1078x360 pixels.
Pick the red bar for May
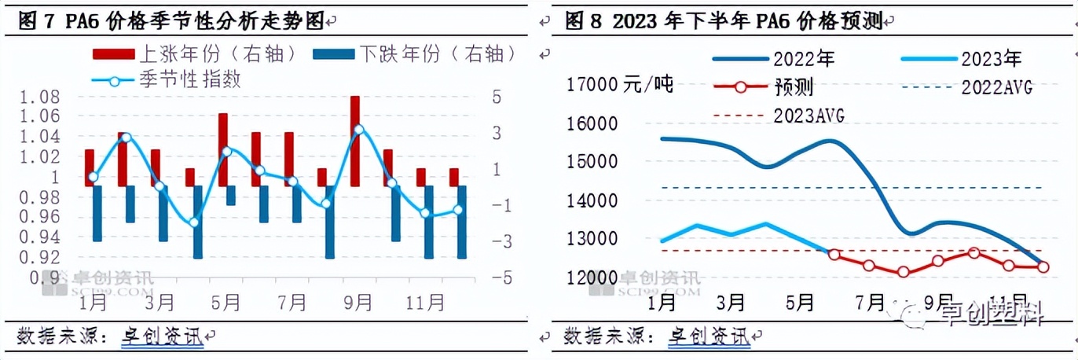[223, 149]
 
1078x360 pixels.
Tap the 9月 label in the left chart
[358, 301]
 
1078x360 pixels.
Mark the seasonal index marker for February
[125, 138]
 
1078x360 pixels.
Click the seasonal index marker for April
[194, 222]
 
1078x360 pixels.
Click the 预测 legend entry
[794, 86]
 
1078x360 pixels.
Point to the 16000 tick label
[592, 124]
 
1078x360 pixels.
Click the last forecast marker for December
[1043, 266]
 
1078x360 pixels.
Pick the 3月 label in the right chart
[731, 301]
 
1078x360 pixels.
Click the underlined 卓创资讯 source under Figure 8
[709, 336]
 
